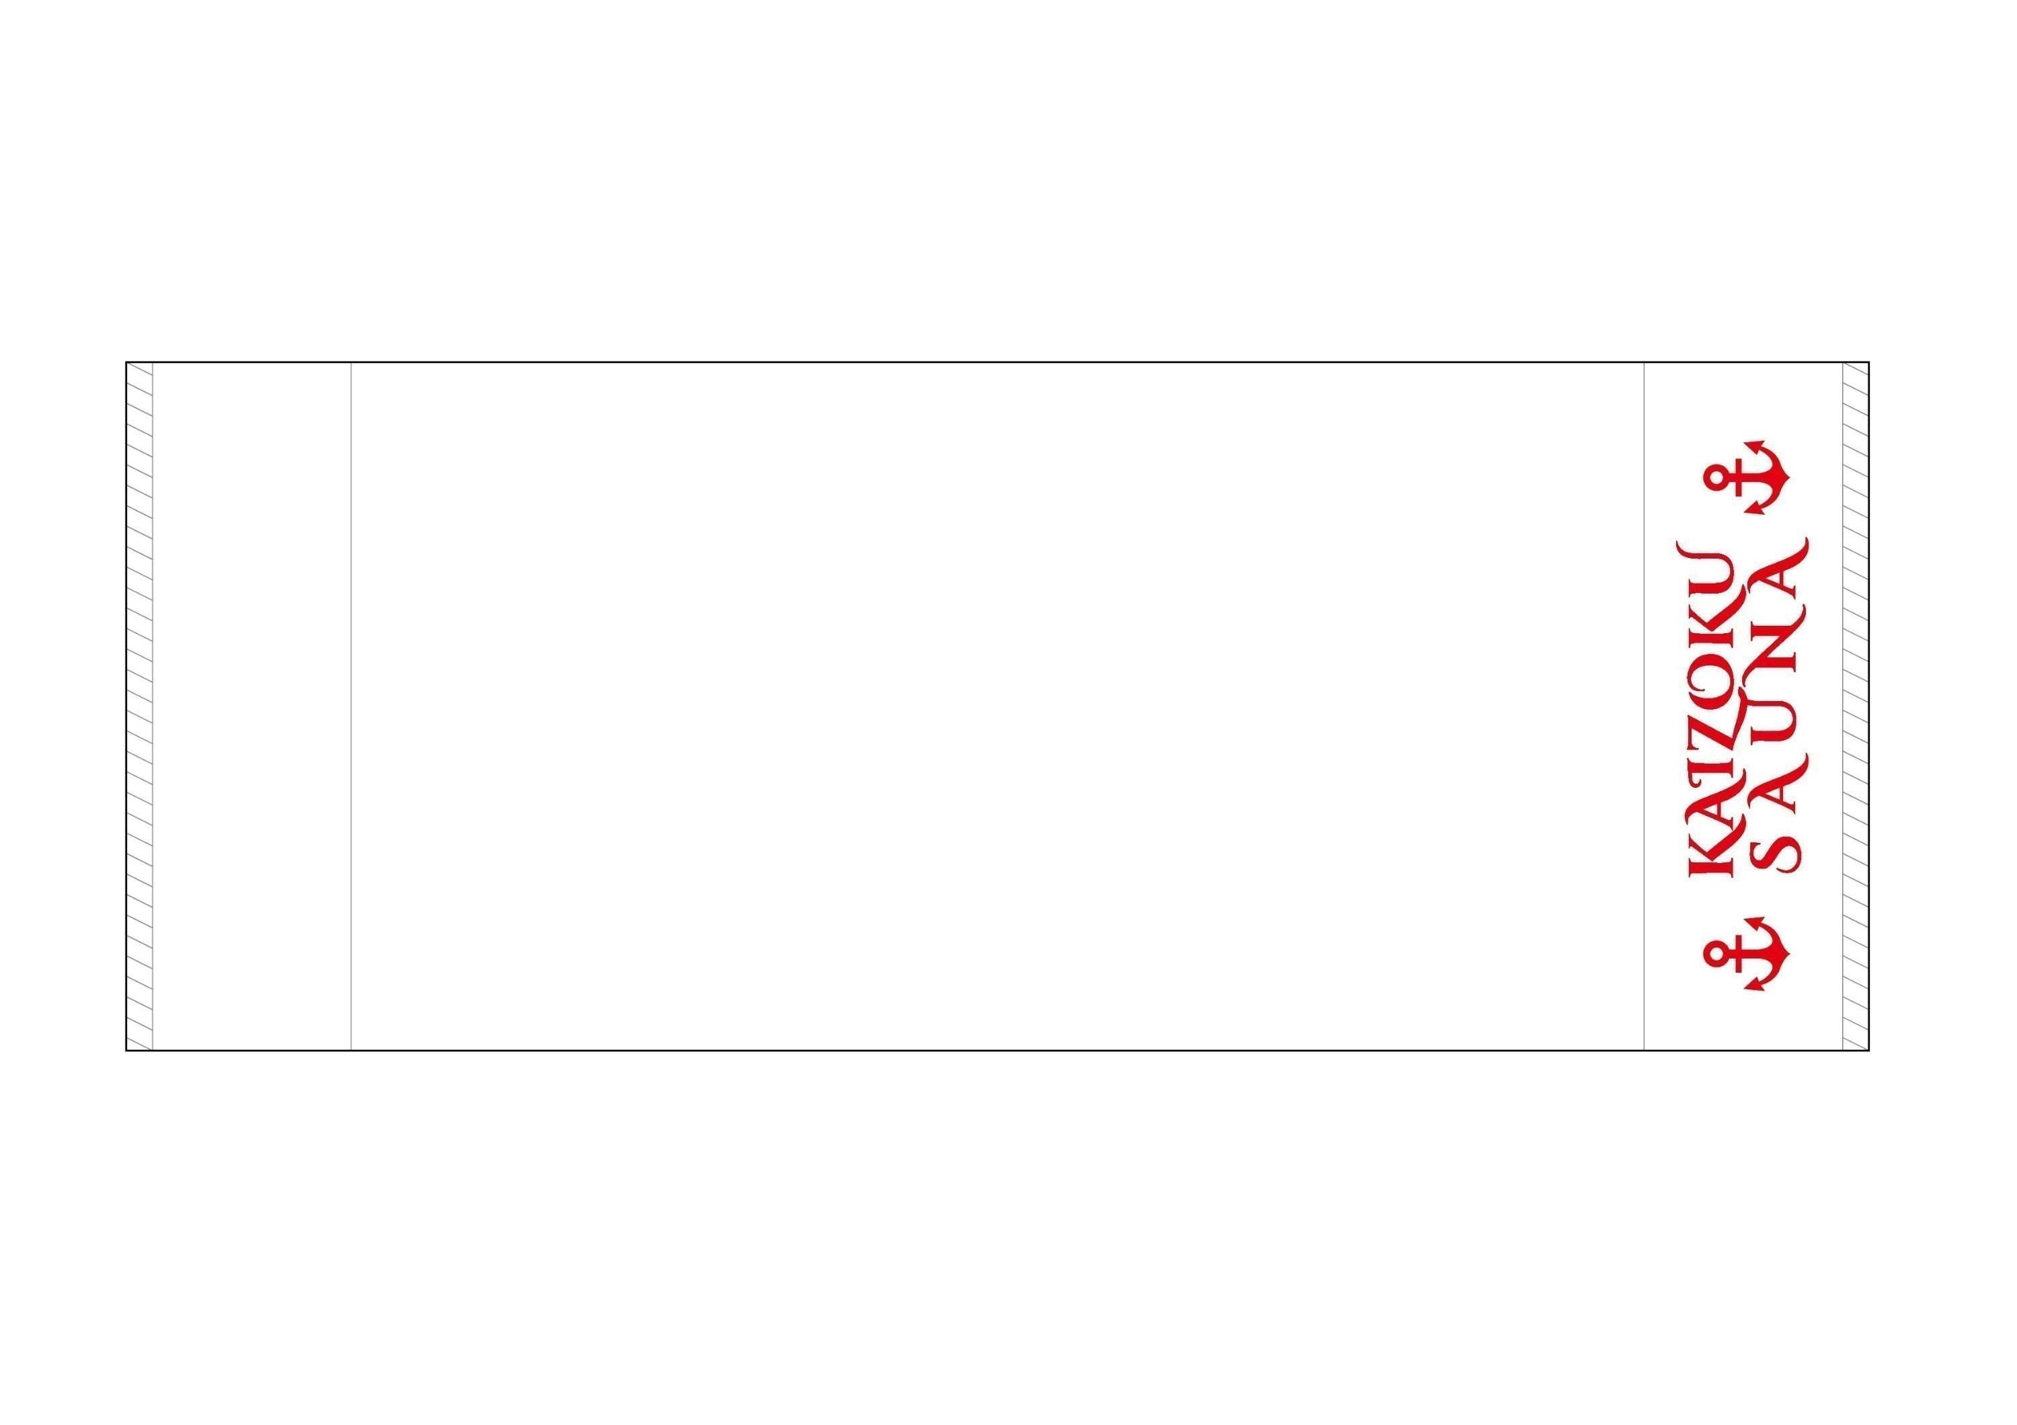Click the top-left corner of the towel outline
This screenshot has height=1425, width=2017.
point(126,362)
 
